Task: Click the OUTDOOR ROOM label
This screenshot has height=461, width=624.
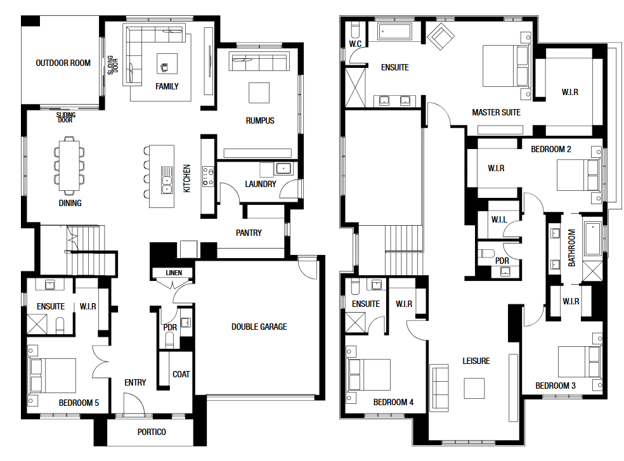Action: pos(63,63)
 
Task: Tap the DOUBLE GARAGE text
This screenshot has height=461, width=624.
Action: pos(259,327)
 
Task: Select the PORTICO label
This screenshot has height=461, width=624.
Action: pos(152,432)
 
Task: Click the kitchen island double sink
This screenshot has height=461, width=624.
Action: pos(167,180)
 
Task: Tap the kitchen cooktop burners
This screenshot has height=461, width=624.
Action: pos(208,176)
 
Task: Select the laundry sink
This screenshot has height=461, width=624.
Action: pos(283,169)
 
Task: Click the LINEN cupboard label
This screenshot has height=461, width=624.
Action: pos(174,273)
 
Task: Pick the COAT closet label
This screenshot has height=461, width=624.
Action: pos(181,374)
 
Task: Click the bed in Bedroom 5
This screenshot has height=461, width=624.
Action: pos(52,375)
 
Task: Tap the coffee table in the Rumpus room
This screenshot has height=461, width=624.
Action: pos(259,93)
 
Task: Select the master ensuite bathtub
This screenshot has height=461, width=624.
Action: pos(395,32)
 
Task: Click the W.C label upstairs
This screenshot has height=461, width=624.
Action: pos(355,44)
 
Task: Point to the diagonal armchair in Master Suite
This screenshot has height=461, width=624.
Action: pos(441,37)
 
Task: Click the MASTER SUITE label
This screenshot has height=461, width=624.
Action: pos(497,112)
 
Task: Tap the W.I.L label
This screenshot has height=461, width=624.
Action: pos(499,220)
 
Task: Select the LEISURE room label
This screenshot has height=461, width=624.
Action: pos(476,361)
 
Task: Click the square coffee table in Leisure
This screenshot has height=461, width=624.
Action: pos(474,388)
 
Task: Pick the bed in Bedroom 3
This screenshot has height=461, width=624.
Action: pos(580,361)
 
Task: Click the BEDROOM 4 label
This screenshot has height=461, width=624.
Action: pos(393,402)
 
